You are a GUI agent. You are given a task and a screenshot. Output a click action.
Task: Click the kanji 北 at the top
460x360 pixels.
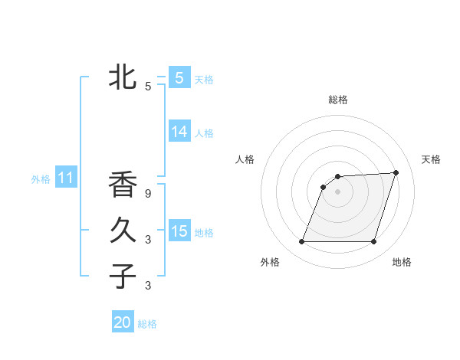point(122,77)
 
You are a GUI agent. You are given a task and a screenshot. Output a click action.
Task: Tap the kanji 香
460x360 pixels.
point(122,185)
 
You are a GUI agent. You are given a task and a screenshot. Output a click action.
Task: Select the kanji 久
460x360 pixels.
point(122,230)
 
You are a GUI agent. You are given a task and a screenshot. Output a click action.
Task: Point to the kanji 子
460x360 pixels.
point(122,276)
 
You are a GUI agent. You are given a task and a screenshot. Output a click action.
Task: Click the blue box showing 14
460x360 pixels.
point(179,132)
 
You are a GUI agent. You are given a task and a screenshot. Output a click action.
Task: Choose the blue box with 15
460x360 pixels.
point(179,231)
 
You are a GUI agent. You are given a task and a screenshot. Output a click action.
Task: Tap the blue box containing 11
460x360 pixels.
point(66,178)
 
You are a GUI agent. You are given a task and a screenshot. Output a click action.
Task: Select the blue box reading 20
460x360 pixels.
point(123,322)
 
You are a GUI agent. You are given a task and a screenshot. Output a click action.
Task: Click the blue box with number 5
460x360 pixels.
point(179,78)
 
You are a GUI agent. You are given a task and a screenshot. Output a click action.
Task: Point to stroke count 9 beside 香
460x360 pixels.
point(148,194)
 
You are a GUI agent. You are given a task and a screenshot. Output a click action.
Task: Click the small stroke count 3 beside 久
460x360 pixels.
point(148,240)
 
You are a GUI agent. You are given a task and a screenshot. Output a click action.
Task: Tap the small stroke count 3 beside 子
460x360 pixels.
point(148,286)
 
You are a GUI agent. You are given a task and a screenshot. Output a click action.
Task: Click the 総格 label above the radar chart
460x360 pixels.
point(338,100)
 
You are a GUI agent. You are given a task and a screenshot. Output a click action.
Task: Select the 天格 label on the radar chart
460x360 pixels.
point(432,159)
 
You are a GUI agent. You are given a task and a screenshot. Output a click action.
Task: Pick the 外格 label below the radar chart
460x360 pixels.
point(270,262)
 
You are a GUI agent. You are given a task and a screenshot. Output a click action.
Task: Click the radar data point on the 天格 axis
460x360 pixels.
point(396,172)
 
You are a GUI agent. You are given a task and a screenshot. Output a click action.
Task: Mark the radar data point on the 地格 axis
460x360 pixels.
point(373,242)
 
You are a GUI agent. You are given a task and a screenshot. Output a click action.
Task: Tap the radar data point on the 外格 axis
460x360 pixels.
point(302,242)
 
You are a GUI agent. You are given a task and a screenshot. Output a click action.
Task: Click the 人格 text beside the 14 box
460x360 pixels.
point(204,133)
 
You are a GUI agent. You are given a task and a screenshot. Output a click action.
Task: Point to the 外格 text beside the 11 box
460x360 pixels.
point(41,179)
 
